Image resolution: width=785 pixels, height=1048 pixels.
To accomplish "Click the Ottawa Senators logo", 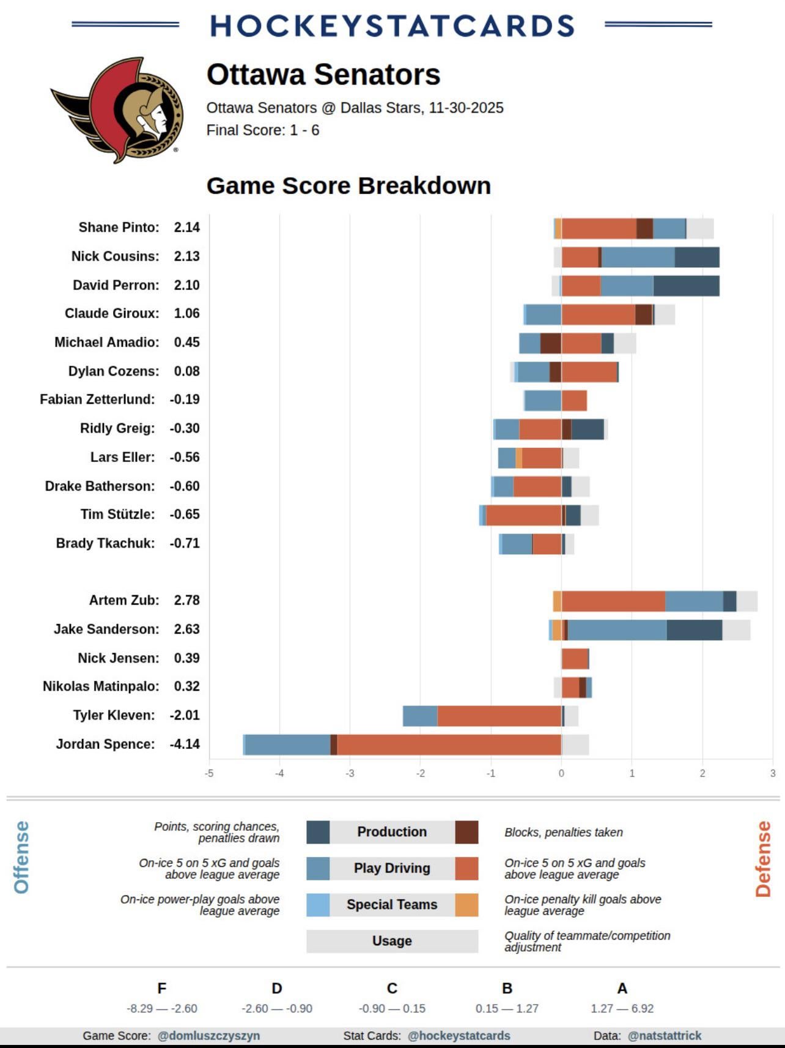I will [117, 110].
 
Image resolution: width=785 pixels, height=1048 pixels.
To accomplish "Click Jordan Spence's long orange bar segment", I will [449, 745].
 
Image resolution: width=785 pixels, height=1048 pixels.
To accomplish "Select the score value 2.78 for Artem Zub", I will [186, 600].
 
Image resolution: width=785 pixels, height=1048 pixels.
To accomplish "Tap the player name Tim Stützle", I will [117, 515].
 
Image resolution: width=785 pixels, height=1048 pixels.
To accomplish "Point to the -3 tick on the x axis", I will [350, 773].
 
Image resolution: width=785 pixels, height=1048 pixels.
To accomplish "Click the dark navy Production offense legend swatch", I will [318, 832].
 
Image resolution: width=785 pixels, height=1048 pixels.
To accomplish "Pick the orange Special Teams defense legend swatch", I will [466, 905].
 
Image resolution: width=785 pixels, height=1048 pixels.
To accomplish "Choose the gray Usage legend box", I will [392, 941].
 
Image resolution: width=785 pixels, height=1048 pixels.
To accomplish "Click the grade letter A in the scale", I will [622, 989].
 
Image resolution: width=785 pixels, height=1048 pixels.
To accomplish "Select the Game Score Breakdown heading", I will [348, 186].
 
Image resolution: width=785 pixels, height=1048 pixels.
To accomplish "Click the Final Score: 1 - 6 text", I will [263, 130].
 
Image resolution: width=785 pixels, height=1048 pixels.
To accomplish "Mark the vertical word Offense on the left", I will [21, 857].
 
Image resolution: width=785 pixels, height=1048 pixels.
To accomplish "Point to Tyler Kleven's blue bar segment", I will [420, 716].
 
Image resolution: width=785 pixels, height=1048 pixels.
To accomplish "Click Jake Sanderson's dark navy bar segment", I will [694, 630].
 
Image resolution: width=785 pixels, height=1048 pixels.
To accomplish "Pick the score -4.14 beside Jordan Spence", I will [185, 745].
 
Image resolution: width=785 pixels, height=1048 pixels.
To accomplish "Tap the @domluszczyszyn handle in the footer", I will [208, 1036].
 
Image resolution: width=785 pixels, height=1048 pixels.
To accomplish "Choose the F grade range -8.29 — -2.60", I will [162, 1008].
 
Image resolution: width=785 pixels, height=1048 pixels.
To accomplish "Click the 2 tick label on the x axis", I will [702, 773].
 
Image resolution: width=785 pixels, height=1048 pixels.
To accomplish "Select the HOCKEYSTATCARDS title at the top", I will [392, 26].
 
